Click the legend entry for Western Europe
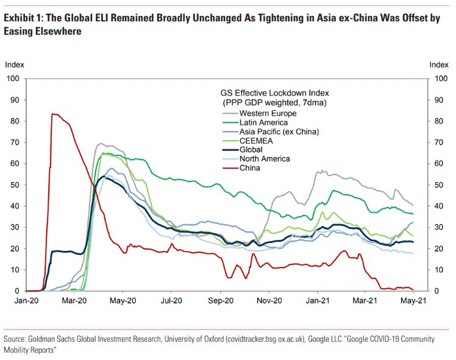[268, 113]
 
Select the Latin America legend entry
[263, 122]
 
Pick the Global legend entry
[251, 150]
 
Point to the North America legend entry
[265, 159]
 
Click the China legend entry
[249, 168]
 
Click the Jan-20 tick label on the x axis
[26, 300]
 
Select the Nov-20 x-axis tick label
[268, 300]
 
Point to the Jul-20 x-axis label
[171, 300]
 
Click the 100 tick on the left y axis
[13, 79]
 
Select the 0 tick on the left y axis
[18, 291]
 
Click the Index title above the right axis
[439, 64]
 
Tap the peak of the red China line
[52, 114]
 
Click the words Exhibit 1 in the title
[21, 18]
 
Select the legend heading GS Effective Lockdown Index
[274, 94]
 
